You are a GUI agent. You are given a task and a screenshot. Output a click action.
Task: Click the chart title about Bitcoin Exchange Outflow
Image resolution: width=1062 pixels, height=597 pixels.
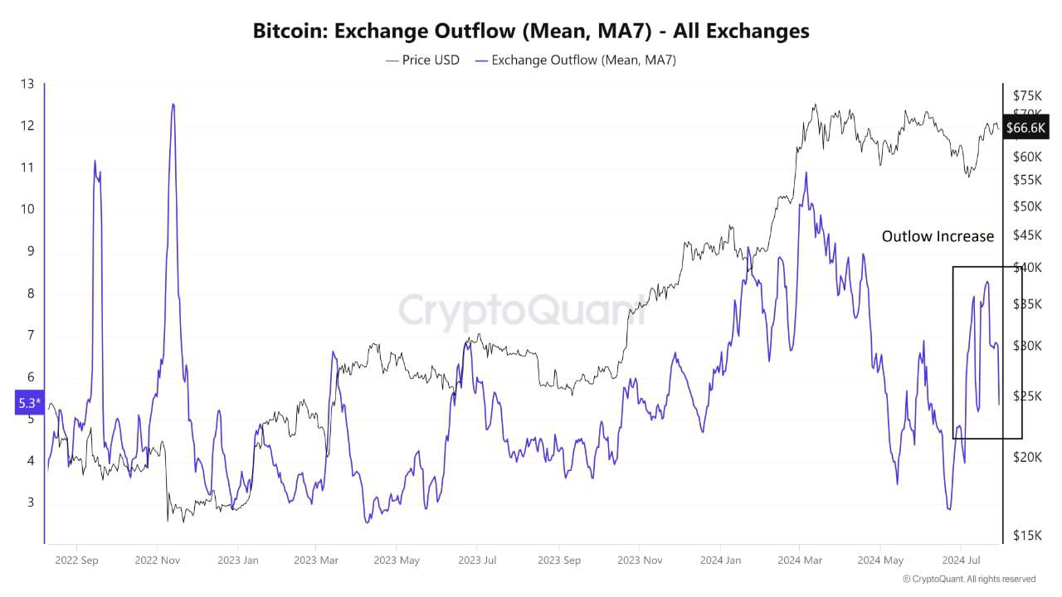point(531,32)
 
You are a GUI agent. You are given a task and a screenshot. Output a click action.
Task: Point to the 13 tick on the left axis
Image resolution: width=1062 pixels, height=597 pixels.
point(27,84)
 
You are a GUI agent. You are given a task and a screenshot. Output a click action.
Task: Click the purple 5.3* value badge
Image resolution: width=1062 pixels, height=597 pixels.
point(29,404)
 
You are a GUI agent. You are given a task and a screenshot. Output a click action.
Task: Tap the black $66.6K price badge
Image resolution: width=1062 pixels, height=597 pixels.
point(1025,128)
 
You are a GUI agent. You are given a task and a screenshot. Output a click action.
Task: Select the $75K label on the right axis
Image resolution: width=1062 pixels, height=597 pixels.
point(1027,95)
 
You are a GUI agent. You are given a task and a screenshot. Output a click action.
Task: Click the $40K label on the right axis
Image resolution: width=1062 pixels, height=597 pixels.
point(1027,267)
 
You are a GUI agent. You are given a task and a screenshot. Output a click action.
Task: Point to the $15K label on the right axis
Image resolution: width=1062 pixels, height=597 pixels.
point(1027,536)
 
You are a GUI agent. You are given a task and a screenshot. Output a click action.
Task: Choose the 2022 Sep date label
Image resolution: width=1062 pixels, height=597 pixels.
point(76,561)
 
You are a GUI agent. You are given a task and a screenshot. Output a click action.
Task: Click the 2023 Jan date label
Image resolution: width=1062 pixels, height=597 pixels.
point(237,561)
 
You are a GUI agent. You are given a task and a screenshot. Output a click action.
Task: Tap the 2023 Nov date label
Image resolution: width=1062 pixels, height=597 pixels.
point(640,561)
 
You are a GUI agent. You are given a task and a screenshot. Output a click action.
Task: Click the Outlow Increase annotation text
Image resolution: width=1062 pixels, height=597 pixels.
point(938,237)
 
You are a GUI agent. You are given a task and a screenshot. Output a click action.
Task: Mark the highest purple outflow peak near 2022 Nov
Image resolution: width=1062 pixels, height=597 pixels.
point(173,104)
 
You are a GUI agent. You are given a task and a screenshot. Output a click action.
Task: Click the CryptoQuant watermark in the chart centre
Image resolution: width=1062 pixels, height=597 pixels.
point(521,311)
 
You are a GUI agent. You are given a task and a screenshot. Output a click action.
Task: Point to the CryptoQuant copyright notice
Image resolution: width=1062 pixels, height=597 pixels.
point(968,579)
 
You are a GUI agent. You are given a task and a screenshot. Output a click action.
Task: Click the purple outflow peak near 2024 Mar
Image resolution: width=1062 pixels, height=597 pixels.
point(805,173)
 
